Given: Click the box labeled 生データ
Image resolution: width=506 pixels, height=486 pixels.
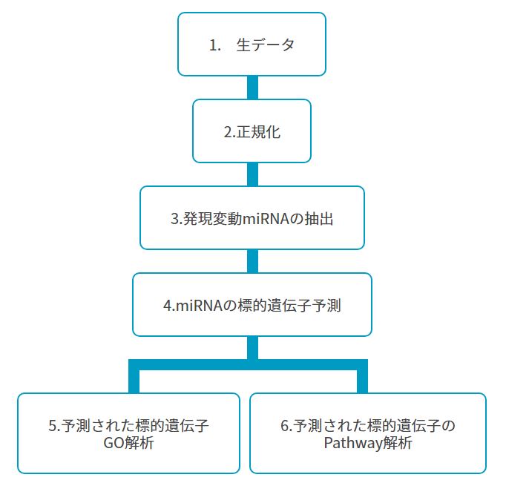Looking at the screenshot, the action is pos(252,45).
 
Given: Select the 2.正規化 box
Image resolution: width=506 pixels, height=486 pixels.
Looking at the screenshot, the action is pos(252,131).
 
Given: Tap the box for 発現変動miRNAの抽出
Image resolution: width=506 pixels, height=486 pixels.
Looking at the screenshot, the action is pos(252,218).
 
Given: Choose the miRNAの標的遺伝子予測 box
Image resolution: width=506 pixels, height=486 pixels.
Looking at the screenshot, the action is pos(252,305).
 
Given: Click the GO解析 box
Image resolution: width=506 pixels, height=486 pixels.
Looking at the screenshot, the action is pos(128,433).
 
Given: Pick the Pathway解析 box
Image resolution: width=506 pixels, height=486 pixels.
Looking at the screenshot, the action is pos(368,433).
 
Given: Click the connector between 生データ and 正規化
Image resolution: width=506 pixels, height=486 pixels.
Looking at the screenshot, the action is pos(252,88).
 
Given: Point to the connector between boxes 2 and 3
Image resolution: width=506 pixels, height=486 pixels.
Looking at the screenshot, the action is pos(252,174).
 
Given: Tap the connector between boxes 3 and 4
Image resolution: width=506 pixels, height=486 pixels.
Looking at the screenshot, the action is pos(252,261).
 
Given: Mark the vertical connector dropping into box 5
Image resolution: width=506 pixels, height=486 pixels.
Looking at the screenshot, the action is pos(134,376).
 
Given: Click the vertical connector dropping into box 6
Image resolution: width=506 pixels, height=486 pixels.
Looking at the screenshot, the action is pos(362,376).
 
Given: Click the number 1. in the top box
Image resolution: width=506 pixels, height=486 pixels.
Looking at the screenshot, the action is pos(215,45).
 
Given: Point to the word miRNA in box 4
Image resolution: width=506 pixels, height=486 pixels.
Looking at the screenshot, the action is pos(200,306).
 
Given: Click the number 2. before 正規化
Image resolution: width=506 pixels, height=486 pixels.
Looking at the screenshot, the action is pos(230,132).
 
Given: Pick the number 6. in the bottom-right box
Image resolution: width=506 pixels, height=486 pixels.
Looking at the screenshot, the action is pos(286,426).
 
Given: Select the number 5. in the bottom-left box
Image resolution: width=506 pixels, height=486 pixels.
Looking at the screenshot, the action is pos(54,426).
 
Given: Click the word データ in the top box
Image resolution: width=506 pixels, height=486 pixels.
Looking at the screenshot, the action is pos(273,45).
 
